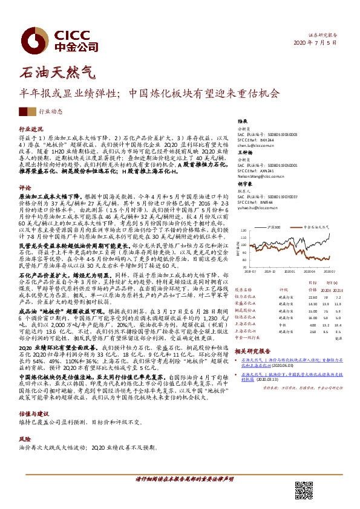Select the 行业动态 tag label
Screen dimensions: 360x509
pyautogui.click(x=51, y=112)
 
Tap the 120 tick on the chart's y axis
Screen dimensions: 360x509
pyautogui.click(x=242, y=230)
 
